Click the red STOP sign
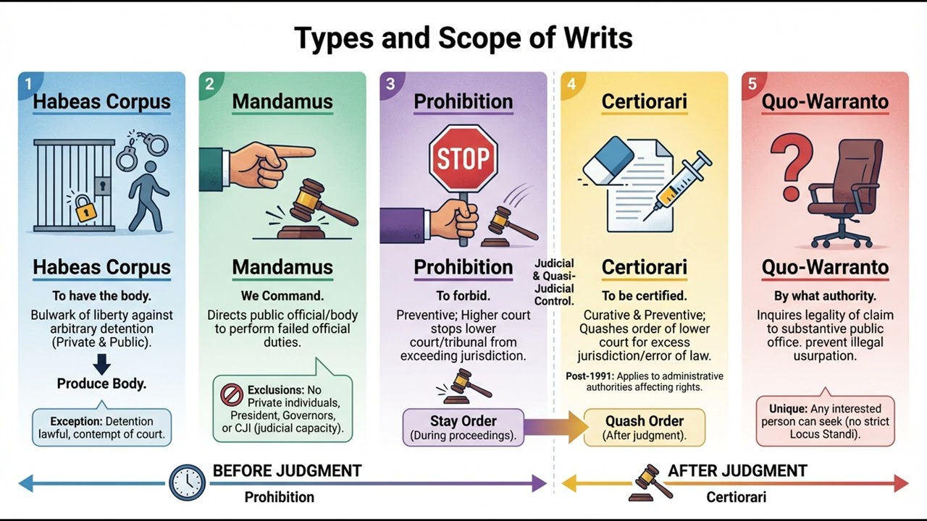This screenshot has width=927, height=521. point(463,157)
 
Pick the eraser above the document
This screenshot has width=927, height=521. point(608,161)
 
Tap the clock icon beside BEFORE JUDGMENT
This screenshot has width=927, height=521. point(187,483)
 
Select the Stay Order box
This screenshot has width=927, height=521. point(463,427)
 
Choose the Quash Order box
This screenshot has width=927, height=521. point(645,427)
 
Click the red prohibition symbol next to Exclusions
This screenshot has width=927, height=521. point(232,395)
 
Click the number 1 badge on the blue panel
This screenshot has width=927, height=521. point(28,84)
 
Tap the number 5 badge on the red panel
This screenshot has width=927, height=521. point(752,84)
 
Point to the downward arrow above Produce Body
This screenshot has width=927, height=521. point(102,364)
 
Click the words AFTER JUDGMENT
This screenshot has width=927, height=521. point(737,471)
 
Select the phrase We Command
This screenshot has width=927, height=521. point(282,296)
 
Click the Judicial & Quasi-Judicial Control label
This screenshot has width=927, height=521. point(553,282)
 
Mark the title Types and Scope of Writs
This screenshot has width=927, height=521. point(463,38)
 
